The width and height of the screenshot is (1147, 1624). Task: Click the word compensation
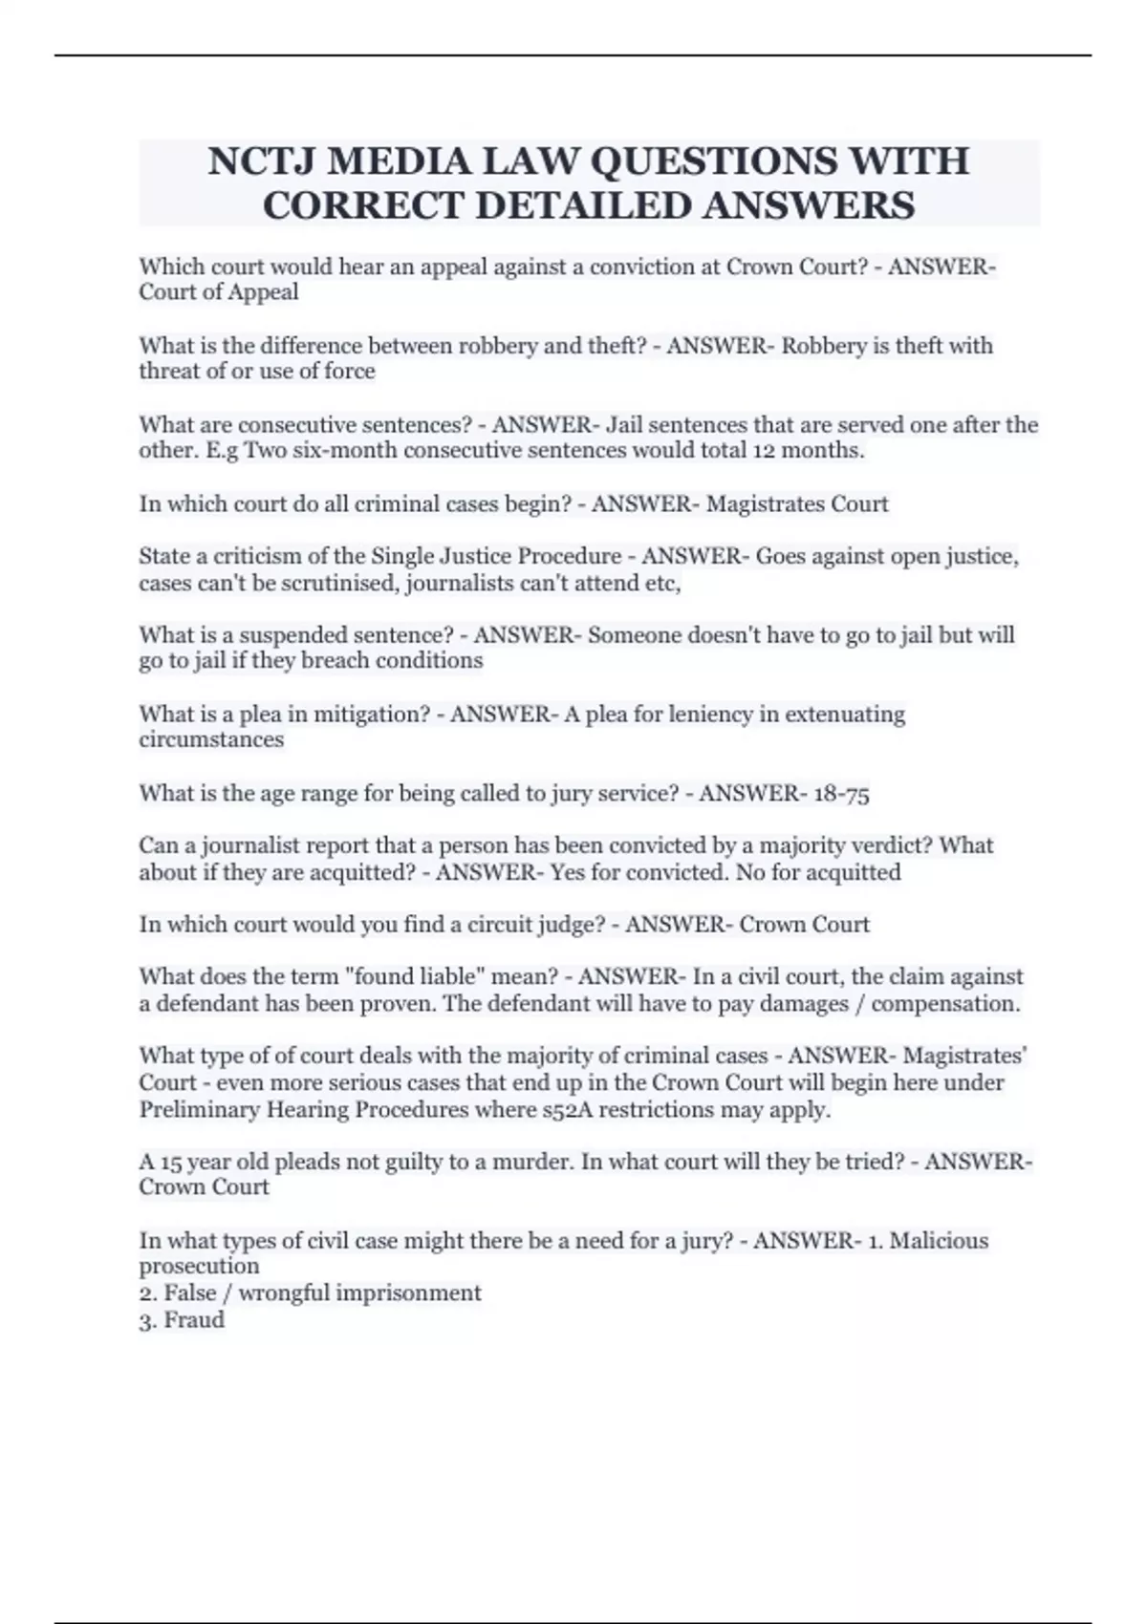(945, 1003)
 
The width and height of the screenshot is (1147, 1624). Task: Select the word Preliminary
(198, 1109)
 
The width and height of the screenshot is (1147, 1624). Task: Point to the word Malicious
(939, 1240)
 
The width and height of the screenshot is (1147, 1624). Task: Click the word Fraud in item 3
(194, 1319)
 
